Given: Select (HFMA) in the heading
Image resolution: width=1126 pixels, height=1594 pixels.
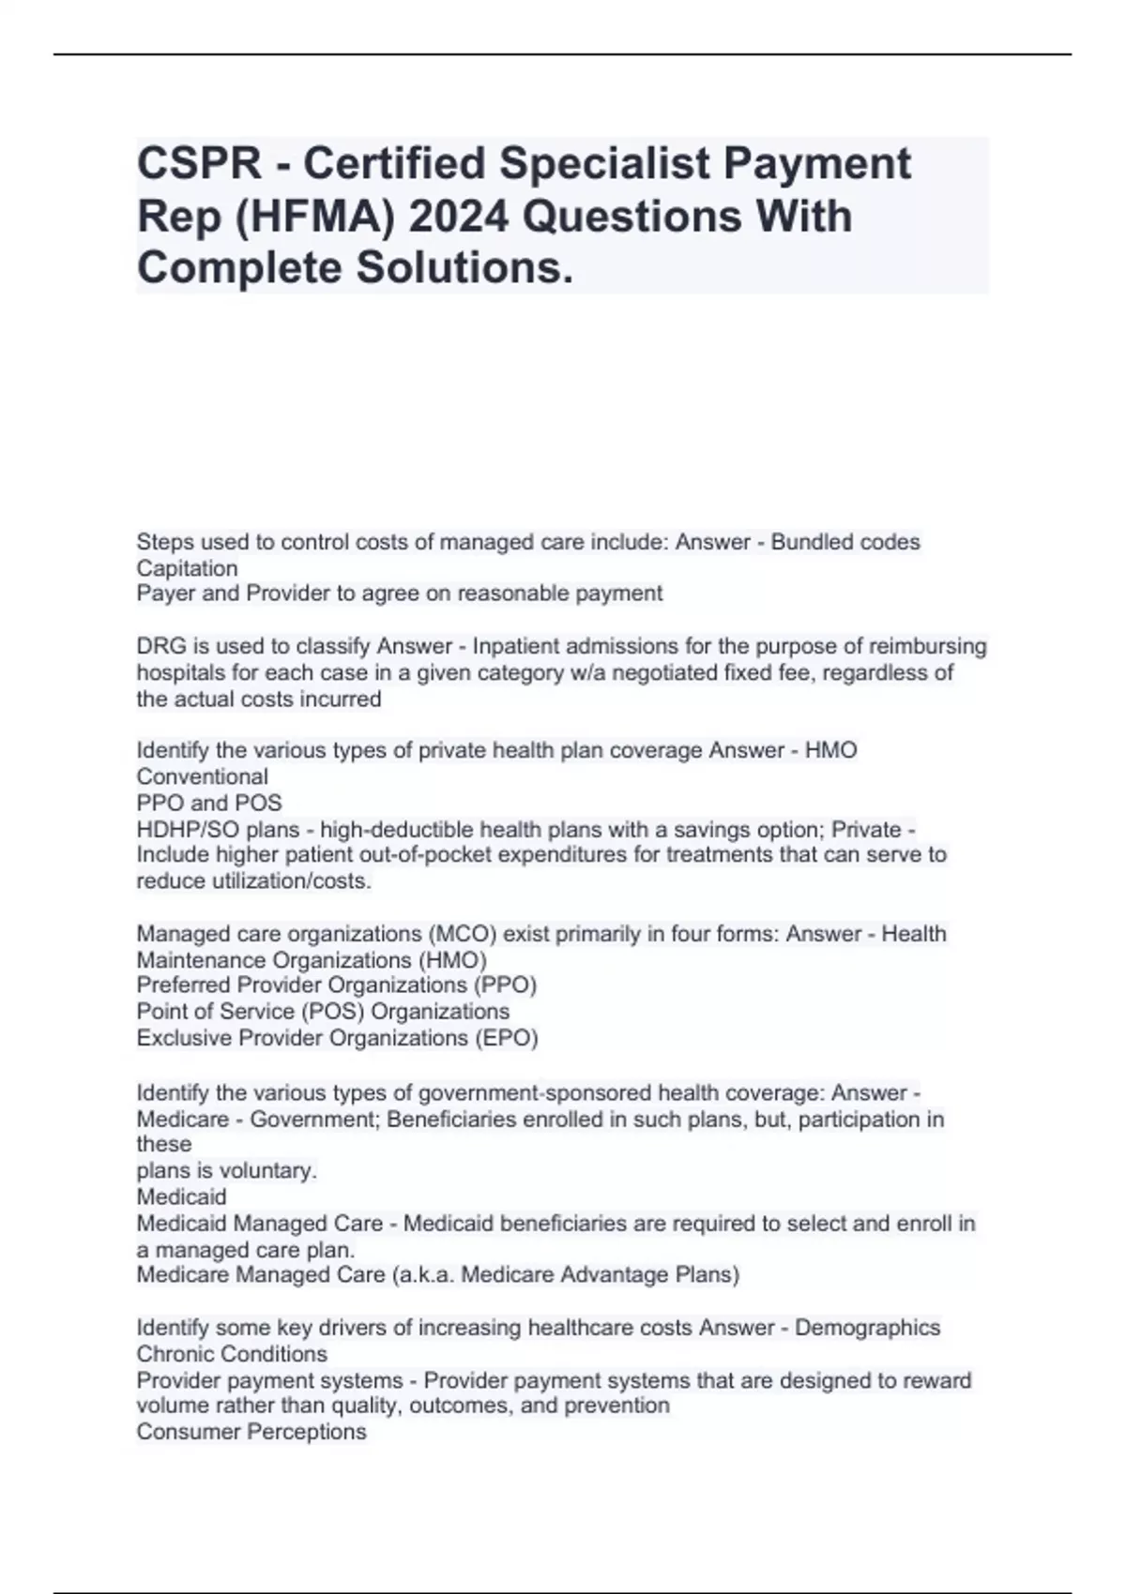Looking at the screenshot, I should coord(311,217).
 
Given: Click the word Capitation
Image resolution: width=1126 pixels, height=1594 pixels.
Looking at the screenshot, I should coord(187,568).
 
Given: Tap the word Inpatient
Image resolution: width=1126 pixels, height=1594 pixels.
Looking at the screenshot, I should coord(517,647).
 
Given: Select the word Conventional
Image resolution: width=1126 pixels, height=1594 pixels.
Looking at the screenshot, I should coord(202,776).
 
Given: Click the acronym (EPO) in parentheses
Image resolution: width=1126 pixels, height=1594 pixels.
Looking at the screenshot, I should coord(507,1038).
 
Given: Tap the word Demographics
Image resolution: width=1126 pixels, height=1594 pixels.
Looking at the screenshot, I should coord(868,1328).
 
